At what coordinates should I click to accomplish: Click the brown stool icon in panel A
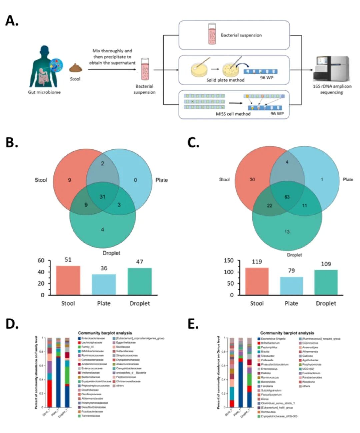tap(75, 68)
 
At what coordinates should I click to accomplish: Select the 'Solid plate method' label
tap(225, 80)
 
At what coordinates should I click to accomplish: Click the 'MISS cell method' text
tap(233, 114)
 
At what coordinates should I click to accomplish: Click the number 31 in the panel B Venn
tap(102, 197)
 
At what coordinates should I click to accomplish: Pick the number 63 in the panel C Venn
tap(287, 197)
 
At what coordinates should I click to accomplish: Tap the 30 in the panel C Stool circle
tap(252, 180)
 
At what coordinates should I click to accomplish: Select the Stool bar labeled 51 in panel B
tap(68, 280)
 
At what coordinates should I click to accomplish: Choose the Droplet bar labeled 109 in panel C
tap(326, 282)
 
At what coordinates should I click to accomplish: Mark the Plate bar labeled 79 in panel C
tap(291, 286)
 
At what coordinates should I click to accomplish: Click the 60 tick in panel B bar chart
tap(41, 260)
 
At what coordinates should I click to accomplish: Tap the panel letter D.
tap(12, 324)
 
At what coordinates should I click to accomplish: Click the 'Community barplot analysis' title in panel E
tap(287, 333)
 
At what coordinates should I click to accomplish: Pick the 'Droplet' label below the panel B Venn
tap(111, 253)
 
